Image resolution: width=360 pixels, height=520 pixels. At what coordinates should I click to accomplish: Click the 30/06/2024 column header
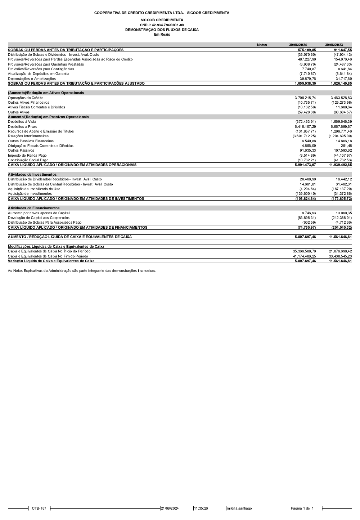tap(298, 45)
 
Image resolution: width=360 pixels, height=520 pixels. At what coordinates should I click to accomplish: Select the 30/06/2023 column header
tap(334, 45)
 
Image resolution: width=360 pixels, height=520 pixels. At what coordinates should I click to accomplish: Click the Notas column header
tap(262, 45)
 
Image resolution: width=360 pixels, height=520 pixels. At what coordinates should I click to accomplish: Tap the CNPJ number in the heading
tap(162, 25)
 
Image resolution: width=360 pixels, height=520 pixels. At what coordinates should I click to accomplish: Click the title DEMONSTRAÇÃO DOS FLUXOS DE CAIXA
tap(162, 30)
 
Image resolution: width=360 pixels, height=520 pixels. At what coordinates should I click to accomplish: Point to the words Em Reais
tap(162, 35)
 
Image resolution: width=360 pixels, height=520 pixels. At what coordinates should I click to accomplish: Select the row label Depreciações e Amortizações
tap(32, 79)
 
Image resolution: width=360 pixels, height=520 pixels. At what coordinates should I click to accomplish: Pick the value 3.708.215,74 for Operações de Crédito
tap(305, 98)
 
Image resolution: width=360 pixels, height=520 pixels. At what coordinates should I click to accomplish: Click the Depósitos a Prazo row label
tap(22, 126)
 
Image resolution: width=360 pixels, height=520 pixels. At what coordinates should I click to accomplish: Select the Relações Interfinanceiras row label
tap(28, 136)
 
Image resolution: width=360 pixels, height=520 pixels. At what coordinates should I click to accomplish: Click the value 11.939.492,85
tap(340, 165)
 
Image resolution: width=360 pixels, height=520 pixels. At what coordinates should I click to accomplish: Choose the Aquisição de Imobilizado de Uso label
tap(34, 189)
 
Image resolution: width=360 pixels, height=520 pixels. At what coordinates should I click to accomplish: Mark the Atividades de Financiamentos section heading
tap(33, 208)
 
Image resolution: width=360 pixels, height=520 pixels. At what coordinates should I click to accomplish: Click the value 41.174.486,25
tap(305, 256)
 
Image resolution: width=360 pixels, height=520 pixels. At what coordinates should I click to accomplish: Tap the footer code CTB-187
tap(39, 508)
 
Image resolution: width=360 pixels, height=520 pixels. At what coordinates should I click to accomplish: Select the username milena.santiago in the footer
tap(239, 508)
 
